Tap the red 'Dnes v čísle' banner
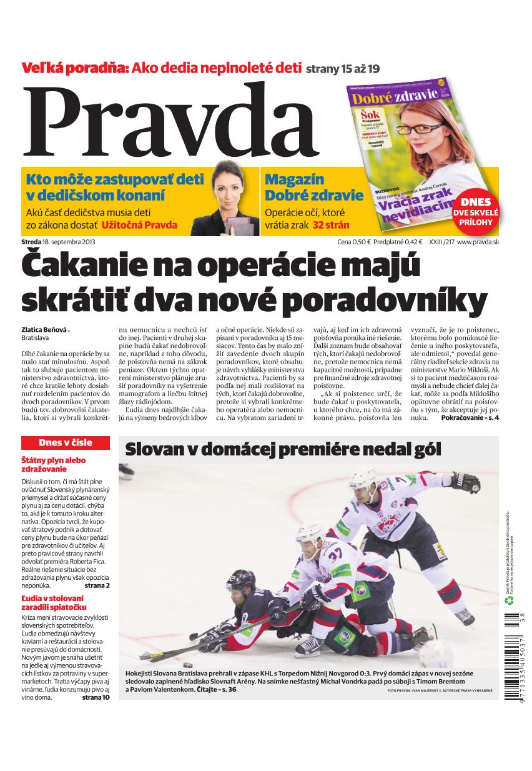pyautogui.click(x=66, y=442)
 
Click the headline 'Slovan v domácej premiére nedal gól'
pyautogui.click(x=283, y=449)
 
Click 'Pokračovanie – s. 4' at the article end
pyautogui.click(x=470, y=417)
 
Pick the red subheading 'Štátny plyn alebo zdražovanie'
pyautogui.click(x=54, y=464)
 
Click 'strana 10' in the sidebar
pyautogui.click(x=96, y=697)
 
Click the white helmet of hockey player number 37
pyautogui.click(x=308, y=532)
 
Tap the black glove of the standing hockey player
pyautogui.click(x=465, y=482)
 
